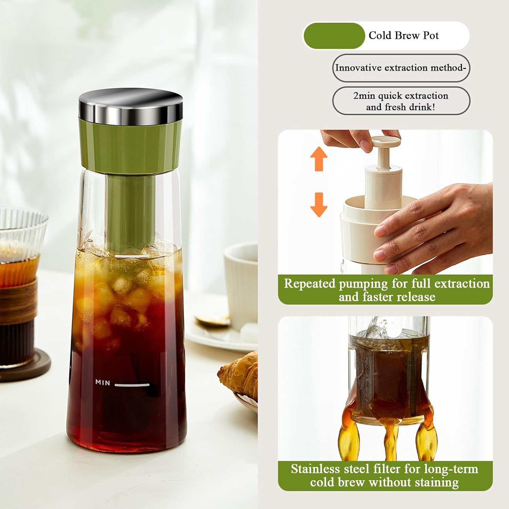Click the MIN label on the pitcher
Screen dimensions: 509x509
click(102, 382)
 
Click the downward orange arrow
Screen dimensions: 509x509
click(319, 205)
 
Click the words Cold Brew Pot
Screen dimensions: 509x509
click(403, 36)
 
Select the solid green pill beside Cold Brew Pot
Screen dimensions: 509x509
click(334, 36)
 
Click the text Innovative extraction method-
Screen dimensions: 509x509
click(401, 68)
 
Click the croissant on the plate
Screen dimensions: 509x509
click(239, 373)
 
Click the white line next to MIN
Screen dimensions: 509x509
click(132, 385)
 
